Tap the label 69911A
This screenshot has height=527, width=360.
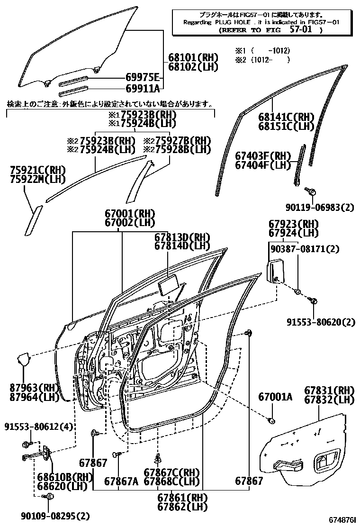(142, 88)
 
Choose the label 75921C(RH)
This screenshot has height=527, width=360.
(37, 170)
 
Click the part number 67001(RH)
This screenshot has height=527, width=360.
(130, 213)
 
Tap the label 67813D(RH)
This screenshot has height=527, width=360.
(182, 237)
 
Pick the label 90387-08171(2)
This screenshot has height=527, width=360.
(298, 248)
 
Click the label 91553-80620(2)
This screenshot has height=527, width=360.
(320, 322)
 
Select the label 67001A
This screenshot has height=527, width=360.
(275, 396)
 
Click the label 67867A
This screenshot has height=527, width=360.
(121, 482)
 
